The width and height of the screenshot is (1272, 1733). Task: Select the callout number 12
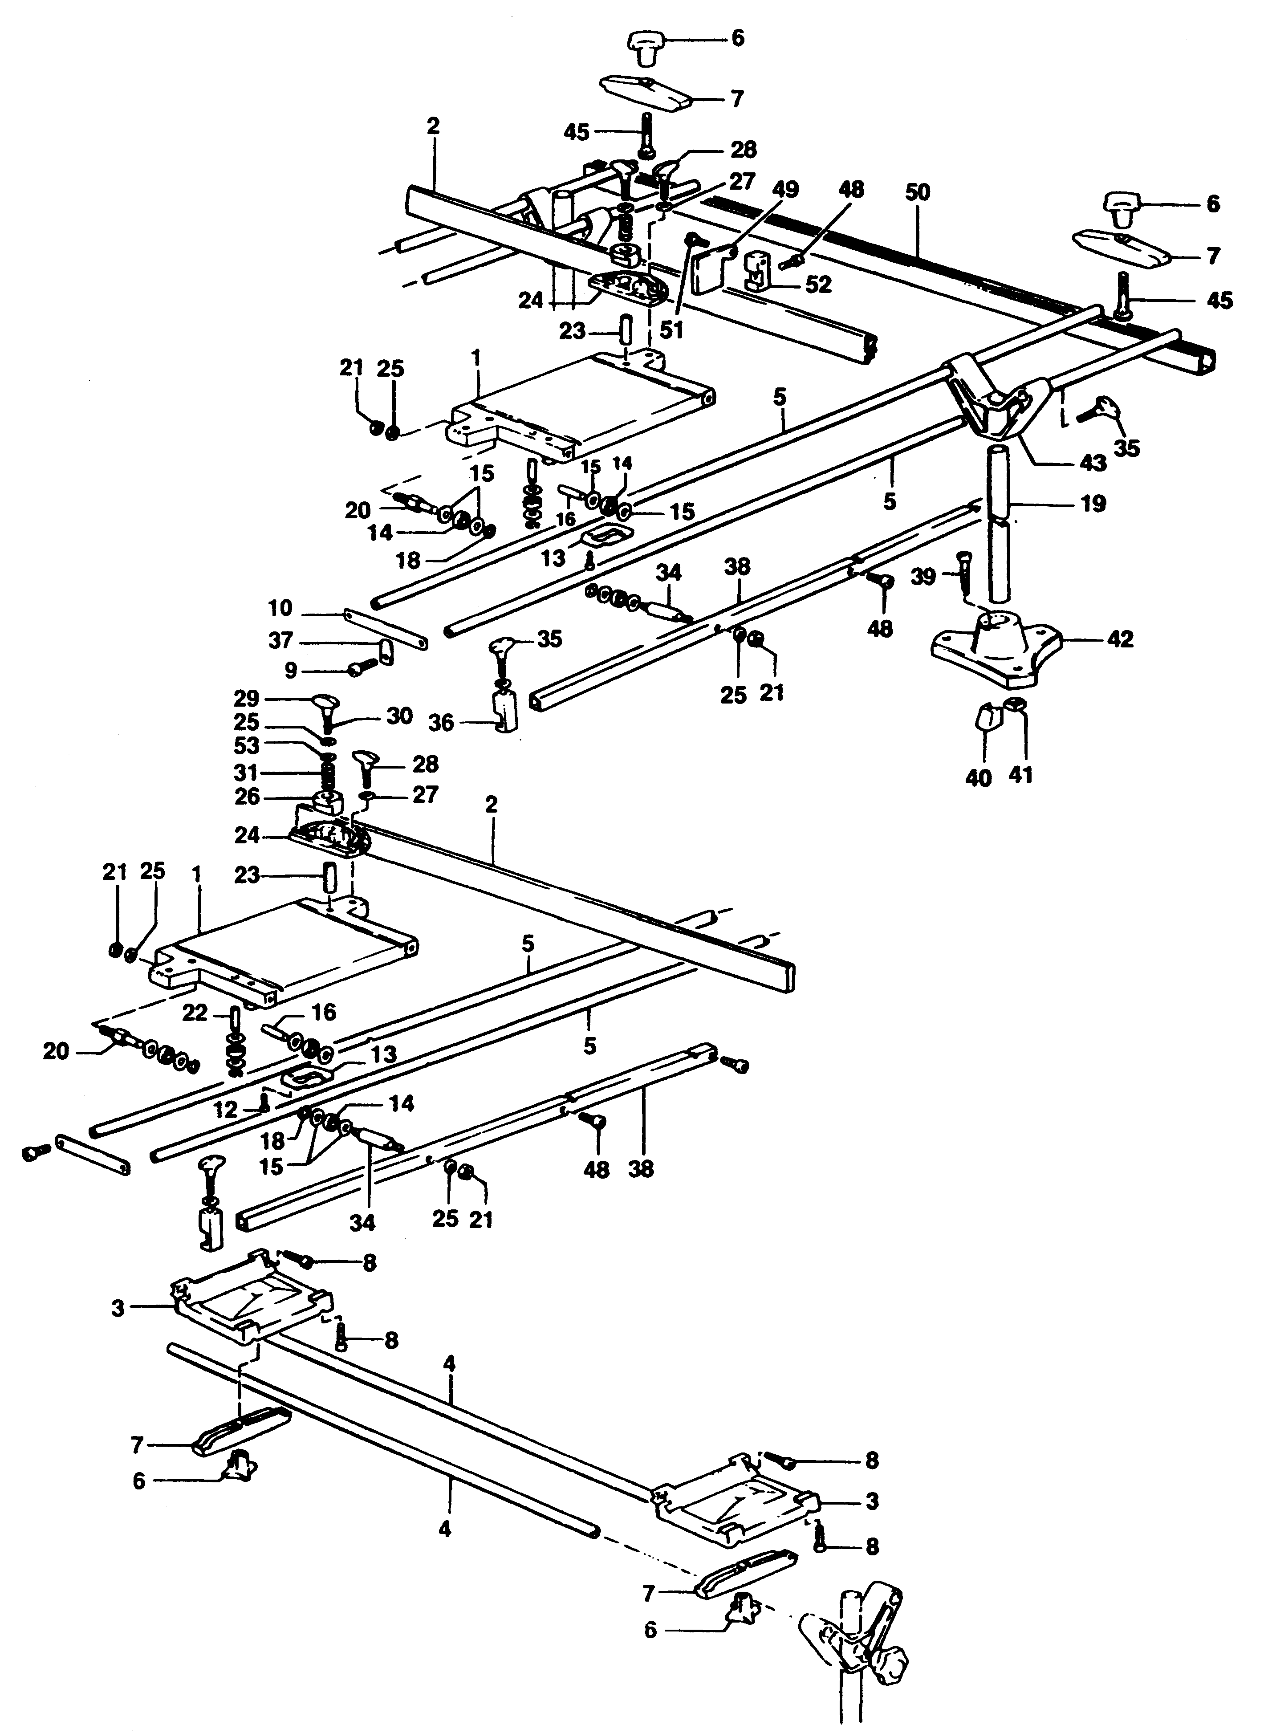click(226, 1110)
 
